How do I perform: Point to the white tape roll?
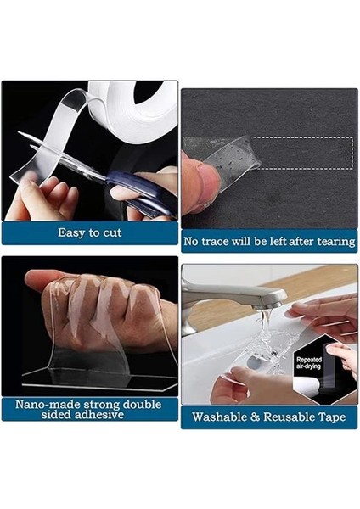pyautogui.click(x=140, y=106)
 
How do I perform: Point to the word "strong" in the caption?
pyautogui.click(x=101, y=404)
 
